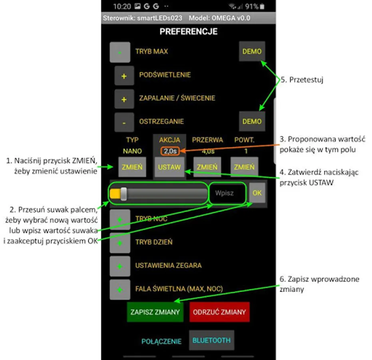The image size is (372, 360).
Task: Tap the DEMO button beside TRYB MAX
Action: pyautogui.click(x=252, y=52)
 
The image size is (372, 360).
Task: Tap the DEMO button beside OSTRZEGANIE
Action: pyautogui.click(x=252, y=121)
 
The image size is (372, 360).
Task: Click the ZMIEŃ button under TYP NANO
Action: pyautogui.click(x=132, y=167)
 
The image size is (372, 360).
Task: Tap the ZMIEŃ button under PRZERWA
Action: pyautogui.click(x=207, y=167)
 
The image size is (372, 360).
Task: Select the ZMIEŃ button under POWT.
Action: pyautogui.click(x=244, y=167)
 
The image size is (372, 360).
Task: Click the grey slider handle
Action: pyautogui.click(x=123, y=194)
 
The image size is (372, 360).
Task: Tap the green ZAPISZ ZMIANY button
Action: pyautogui.click(x=155, y=312)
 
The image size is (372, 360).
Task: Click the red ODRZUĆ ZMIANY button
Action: pyautogui.click(x=219, y=312)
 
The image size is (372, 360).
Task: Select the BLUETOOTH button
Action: pyautogui.click(x=211, y=340)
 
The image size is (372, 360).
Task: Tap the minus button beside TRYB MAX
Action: pyautogui.click(x=120, y=52)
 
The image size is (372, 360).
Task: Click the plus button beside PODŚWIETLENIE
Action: pyautogui.click(x=124, y=76)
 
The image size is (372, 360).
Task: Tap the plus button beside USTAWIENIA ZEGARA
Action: pyautogui.click(x=120, y=266)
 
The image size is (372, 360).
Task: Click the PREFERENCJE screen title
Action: pyautogui.click(x=189, y=32)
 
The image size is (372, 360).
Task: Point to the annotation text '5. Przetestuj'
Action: pyautogui.click(x=301, y=80)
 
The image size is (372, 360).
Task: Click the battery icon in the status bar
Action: pyautogui.click(x=262, y=7)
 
